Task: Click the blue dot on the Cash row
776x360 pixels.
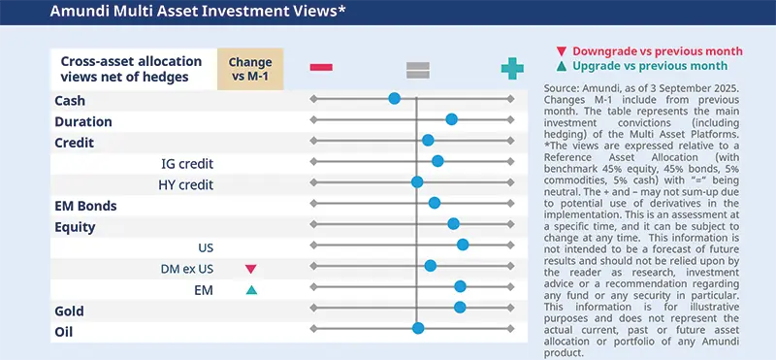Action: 394,98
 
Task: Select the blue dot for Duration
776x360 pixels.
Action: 451,118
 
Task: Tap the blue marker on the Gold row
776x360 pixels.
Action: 460,308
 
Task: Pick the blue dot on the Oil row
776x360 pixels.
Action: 418,328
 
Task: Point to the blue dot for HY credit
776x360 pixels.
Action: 417,181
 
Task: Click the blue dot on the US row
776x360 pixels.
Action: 463,245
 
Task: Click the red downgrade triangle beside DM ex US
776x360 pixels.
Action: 250,268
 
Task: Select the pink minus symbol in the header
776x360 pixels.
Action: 321,67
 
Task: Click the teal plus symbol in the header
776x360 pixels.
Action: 511,67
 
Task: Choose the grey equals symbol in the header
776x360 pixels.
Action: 417,67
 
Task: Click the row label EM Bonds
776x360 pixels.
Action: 86,206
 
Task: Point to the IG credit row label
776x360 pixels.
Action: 187,163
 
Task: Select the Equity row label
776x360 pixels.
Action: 76,227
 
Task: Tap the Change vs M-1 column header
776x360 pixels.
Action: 250,68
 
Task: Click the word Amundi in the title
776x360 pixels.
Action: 51,13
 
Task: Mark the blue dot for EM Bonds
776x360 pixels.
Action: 435,203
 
